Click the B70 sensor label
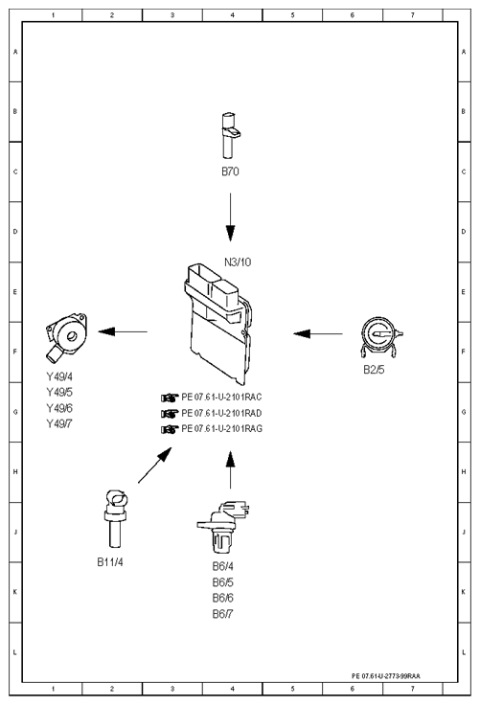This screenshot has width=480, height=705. (230, 171)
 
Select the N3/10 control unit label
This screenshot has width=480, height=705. (238, 262)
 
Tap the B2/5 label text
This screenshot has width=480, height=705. (374, 370)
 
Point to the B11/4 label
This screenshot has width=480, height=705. (110, 562)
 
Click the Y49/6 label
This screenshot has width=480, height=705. (59, 408)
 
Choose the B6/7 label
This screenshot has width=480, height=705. (222, 614)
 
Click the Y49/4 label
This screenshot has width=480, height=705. (59, 376)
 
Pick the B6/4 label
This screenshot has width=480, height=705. (222, 566)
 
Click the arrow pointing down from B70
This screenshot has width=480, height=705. (230, 217)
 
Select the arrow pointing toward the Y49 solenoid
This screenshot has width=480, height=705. (123, 331)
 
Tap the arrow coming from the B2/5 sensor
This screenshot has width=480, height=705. (318, 333)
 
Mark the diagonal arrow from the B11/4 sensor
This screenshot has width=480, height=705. (155, 465)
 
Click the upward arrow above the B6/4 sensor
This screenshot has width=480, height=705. (230, 470)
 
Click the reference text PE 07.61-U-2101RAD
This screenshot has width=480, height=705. (221, 413)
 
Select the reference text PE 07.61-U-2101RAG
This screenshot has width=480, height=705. (221, 428)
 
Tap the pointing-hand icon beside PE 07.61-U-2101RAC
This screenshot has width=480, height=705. (170, 398)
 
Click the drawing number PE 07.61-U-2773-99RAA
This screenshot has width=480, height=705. (386, 675)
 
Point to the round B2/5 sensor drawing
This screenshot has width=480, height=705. (381, 336)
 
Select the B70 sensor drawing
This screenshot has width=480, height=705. (230, 136)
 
